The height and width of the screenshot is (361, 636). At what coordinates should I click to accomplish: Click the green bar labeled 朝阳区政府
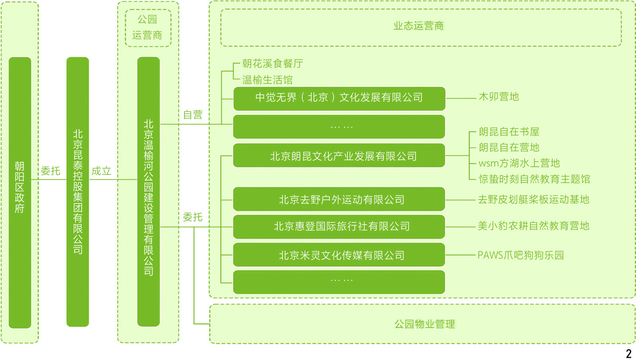pyautogui.click(x=20, y=192)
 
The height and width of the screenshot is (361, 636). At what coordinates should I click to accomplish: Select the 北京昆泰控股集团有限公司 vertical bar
pyautogui.click(x=78, y=192)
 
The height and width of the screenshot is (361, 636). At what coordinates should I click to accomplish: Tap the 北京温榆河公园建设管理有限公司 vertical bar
pyautogui.click(x=148, y=192)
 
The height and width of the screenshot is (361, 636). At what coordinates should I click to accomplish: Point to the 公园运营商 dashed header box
pyautogui.click(x=148, y=28)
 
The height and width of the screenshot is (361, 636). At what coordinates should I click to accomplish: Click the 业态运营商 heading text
pyautogui.click(x=419, y=26)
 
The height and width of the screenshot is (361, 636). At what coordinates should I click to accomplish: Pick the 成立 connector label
pyautogui.click(x=101, y=171)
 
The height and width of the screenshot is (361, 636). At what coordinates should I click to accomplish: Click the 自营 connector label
pyautogui.click(x=193, y=115)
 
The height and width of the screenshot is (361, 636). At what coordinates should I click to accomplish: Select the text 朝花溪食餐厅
pyautogui.click(x=273, y=64)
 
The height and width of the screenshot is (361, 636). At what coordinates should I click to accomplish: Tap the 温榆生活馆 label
pyautogui.click(x=268, y=80)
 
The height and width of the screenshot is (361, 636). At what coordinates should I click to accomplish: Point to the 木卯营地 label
pyautogui.click(x=499, y=97)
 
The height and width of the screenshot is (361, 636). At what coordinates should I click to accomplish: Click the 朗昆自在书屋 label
pyautogui.click(x=509, y=132)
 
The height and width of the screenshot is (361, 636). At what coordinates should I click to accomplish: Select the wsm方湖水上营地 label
pyautogui.click(x=519, y=163)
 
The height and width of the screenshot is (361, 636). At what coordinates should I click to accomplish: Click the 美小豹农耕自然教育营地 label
pyautogui.click(x=533, y=226)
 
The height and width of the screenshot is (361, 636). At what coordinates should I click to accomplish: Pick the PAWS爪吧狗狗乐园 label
pyautogui.click(x=521, y=255)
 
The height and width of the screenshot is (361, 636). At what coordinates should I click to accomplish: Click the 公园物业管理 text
pyautogui.click(x=425, y=324)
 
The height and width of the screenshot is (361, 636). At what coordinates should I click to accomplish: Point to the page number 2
pyautogui.click(x=628, y=353)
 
